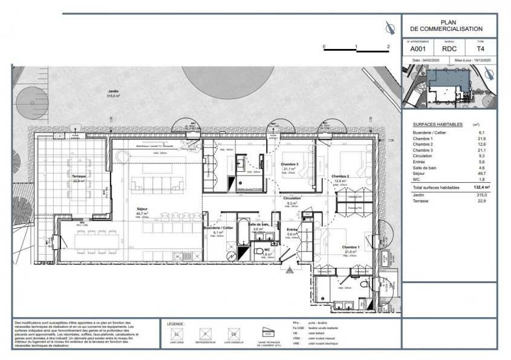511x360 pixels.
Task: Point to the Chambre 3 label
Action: [290, 166]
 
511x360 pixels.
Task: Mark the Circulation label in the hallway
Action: [291, 199]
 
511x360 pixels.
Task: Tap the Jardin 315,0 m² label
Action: [113, 93]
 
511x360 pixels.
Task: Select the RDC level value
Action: [449, 48]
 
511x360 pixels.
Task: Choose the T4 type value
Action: [481, 48]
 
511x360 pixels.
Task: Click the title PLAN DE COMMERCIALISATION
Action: [449, 25]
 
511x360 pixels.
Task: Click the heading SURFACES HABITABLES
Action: [434, 124]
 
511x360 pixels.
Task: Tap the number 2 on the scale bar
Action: [388, 47]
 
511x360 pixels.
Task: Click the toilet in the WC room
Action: [259, 250]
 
